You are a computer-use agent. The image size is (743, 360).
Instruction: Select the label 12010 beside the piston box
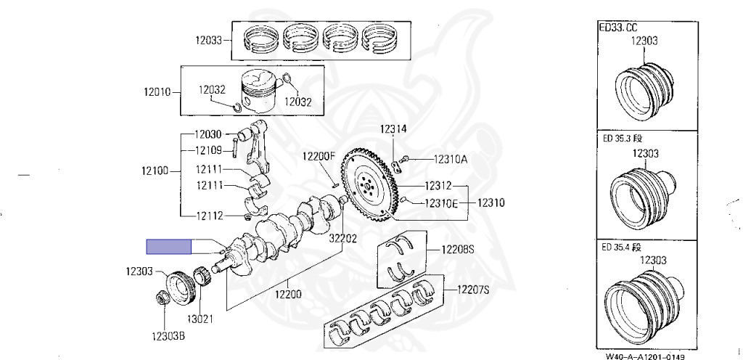(157, 92)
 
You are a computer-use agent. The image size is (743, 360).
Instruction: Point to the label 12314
(393, 130)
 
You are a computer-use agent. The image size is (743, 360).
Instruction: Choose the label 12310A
(451, 159)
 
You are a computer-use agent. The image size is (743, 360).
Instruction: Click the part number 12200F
(319, 156)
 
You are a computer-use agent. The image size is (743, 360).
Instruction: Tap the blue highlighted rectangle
(168, 247)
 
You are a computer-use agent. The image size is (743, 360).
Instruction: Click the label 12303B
(168, 336)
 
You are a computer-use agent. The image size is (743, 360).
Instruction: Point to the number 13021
(202, 319)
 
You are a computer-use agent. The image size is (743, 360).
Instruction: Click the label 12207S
(473, 290)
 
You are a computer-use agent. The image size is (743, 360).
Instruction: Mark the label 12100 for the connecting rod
(157, 172)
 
